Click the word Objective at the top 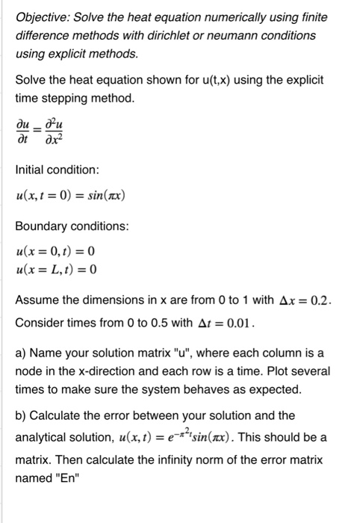click(43, 16)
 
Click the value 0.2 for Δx click(332, 298)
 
